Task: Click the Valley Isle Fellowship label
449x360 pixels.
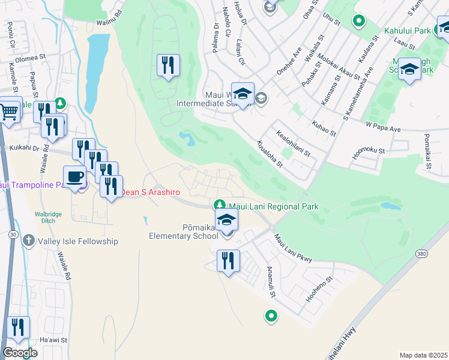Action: point(76,241)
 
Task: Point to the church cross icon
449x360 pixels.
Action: point(28,241)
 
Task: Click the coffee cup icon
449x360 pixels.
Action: point(74,177)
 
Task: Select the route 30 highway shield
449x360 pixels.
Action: point(12,234)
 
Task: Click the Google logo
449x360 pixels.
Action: point(20,353)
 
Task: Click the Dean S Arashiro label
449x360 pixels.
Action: point(152,192)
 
